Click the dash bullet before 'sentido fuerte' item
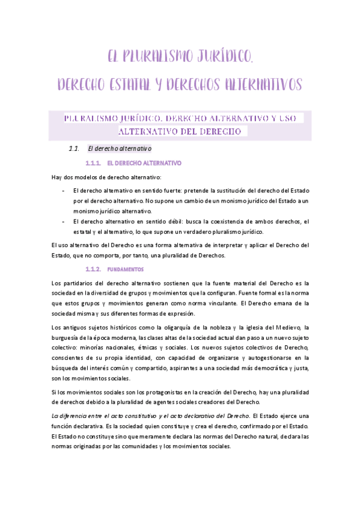(63, 190)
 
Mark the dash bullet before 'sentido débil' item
(63, 221)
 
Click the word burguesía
(67, 338)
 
